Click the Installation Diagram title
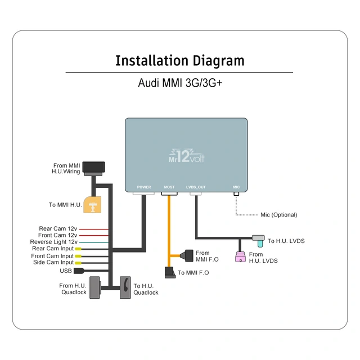click(179, 61)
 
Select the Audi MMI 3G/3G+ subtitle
click(179, 83)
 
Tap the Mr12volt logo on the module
click(186, 155)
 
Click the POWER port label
click(144, 187)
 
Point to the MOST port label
click(169, 187)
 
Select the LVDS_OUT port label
click(196, 187)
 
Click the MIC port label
click(236, 187)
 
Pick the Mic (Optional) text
click(278, 215)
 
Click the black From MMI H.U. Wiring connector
click(93, 167)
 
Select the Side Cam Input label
click(53, 262)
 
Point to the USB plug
click(79, 271)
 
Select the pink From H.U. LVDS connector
click(240, 257)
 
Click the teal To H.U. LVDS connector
click(259, 240)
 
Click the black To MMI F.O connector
click(170, 272)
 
